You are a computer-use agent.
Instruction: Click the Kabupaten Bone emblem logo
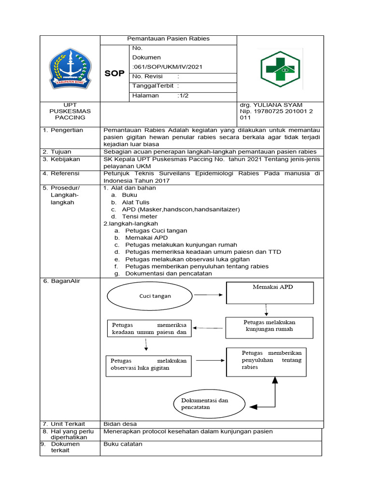71,68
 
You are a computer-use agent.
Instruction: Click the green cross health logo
281,68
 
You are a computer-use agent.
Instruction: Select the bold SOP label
114,73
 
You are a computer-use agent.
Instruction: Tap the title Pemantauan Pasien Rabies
168,39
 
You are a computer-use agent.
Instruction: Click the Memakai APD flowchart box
270,293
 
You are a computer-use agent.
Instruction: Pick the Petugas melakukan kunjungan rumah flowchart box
269,328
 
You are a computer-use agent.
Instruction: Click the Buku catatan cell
123,444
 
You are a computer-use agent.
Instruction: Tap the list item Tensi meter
140,217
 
